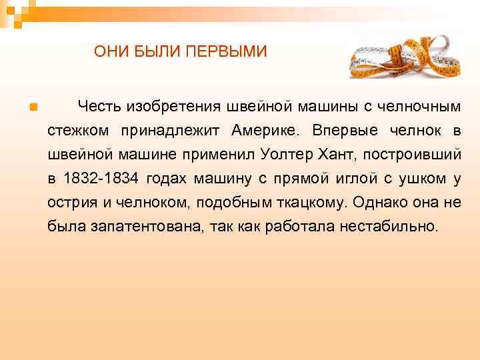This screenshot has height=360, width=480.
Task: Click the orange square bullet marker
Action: (33, 107)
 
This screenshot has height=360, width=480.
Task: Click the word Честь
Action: (99, 106)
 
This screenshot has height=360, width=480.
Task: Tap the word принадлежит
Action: (175, 130)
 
